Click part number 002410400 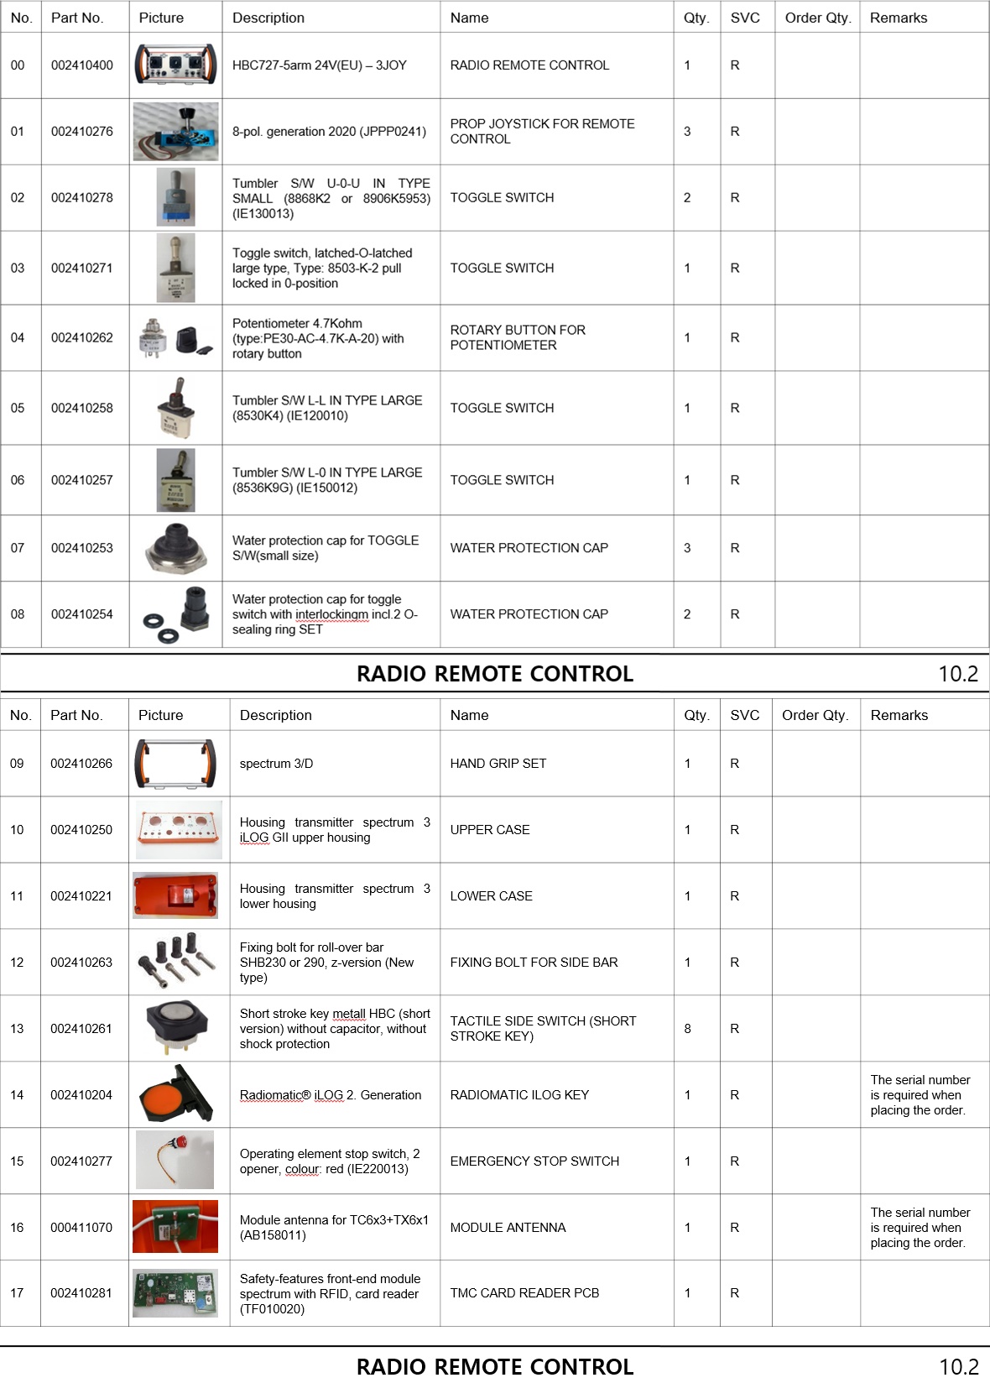coord(81,65)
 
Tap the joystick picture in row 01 coord(175,132)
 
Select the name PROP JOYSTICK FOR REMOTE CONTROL coord(542,132)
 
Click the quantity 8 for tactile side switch coord(688,1029)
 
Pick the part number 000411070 coord(81,1228)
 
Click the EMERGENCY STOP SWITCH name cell coord(534,1161)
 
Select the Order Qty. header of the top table coord(817,18)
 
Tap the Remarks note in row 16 coord(920,1228)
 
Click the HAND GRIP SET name coord(498,764)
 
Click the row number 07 coord(18,548)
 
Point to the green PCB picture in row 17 coord(175,1293)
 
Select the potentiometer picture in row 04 coord(175,338)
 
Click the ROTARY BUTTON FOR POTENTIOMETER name coord(518,338)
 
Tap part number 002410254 coord(81,614)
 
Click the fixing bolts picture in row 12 coord(175,963)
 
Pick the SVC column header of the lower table coord(744,715)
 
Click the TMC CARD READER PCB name coord(524,1293)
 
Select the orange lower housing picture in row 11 coord(175,896)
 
